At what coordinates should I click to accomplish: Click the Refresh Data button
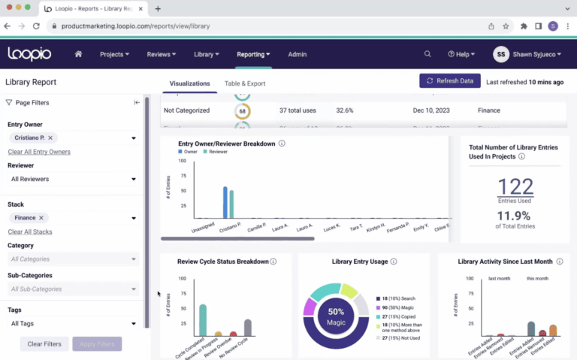(x=449, y=80)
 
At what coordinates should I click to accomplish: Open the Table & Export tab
(x=245, y=83)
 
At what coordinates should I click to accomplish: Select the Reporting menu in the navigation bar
(x=253, y=54)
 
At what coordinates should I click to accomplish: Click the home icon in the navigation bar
(x=78, y=54)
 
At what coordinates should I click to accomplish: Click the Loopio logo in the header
(x=29, y=53)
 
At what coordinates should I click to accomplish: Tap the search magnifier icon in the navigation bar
(x=427, y=54)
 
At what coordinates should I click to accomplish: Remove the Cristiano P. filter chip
(x=50, y=138)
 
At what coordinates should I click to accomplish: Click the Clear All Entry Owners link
(x=39, y=152)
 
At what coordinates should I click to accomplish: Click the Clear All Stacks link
(x=30, y=231)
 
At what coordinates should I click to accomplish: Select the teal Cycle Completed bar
(x=202, y=319)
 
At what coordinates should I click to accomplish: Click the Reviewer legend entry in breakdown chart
(x=218, y=151)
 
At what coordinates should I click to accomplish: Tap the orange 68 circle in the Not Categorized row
(x=242, y=110)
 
